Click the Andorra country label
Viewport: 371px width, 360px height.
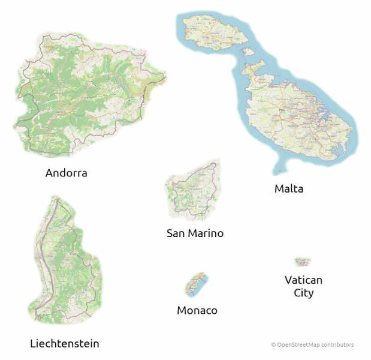click(66, 173)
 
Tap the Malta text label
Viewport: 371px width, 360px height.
click(289, 189)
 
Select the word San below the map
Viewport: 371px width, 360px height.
click(177, 233)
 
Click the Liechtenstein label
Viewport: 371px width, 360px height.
click(64, 344)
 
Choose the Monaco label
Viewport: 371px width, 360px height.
click(197, 311)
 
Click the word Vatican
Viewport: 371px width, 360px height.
click(303, 280)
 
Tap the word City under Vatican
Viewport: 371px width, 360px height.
click(303, 293)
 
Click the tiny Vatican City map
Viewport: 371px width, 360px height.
click(303, 262)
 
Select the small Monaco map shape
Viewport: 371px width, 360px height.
click(195, 284)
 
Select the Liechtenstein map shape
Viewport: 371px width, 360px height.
click(63, 264)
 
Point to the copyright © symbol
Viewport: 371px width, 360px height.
click(273, 345)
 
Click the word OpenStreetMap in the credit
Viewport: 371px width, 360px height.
click(298, 345)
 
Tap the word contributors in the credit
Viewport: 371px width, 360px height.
click(337, 345)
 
